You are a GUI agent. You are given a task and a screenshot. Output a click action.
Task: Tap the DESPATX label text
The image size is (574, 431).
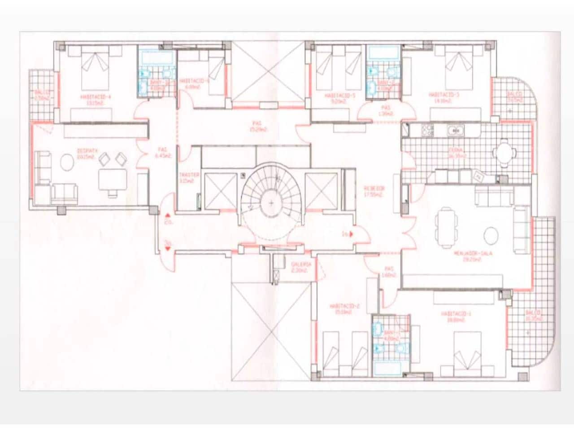(85, 152)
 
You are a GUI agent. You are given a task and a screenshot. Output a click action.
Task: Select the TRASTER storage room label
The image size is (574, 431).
(188, 175)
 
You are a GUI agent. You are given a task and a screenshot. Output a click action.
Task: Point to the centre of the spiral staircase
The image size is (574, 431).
(271, 203)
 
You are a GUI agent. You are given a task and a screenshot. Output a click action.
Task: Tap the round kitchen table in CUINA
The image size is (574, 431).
(504, 152)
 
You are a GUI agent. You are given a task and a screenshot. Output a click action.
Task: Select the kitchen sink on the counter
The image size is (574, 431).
(456, 131)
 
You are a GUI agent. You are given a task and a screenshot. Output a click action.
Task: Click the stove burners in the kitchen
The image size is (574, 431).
(428, 131)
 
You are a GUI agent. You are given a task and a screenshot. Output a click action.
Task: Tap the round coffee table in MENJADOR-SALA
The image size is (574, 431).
(491, 235)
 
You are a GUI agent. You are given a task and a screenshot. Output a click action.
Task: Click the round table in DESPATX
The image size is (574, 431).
(68, 162)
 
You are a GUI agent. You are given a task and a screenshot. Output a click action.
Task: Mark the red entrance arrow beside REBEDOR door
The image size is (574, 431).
(351, 233)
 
